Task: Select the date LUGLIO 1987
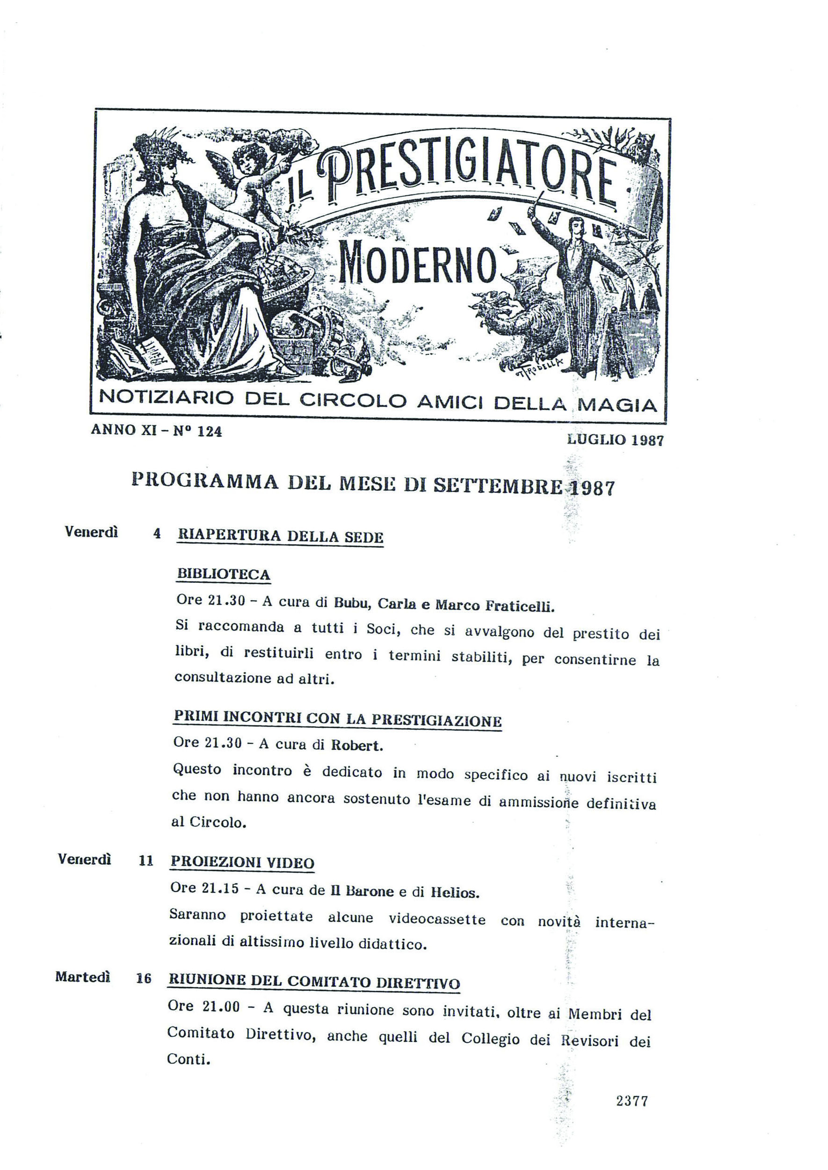615,440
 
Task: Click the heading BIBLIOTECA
223,574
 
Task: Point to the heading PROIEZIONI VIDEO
242,862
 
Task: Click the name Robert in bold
356,746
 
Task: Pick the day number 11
146,861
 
